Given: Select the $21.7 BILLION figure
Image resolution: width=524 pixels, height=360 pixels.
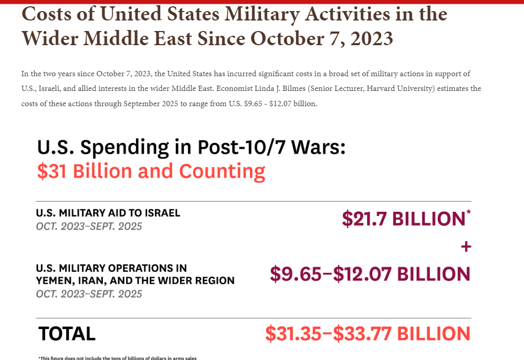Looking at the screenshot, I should click(403, 219).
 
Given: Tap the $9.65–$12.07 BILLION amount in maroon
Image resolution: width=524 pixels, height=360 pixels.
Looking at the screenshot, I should click(370, 274).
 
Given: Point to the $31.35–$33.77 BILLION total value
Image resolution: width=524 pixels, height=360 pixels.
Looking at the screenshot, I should click(367, 334).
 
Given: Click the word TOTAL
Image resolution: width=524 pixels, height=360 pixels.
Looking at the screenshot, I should click(67, 334).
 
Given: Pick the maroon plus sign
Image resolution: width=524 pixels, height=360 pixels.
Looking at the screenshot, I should click(465, 246).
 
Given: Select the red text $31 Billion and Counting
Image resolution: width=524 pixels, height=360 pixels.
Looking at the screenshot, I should click(151, 171).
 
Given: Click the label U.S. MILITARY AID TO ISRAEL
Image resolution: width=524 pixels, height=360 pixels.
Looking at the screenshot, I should click(108, 213).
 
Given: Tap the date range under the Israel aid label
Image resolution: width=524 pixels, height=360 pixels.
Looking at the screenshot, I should click(89, 227).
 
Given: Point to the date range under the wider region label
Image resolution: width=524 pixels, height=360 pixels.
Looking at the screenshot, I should click(89, 294).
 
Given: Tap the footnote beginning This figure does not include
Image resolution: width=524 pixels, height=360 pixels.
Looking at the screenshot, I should click(118, 358).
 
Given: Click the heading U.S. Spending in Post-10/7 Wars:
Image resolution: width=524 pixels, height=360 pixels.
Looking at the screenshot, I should click(191, 147).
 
